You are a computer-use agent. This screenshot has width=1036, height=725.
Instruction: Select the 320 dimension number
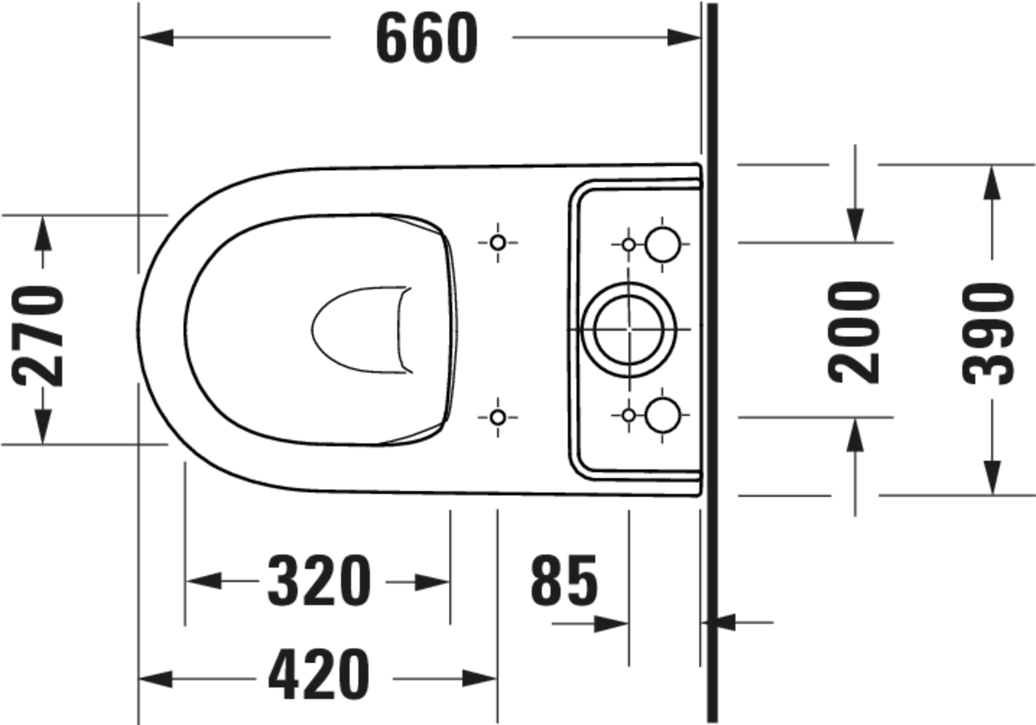[319, 581]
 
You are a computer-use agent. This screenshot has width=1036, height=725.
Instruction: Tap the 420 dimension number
[319, 675]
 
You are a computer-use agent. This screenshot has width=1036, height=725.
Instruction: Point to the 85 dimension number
[564, 581]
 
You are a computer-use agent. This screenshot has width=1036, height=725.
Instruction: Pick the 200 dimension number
[854, 332]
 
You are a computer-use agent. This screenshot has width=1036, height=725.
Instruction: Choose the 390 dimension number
[988, 334]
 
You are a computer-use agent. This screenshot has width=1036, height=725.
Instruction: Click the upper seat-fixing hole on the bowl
[498, 243]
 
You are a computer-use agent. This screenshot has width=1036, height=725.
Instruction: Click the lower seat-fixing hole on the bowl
[498, 417]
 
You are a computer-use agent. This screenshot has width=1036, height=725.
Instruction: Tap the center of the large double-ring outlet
[629, 329]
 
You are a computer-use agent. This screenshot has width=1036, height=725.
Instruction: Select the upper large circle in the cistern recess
[662, 244]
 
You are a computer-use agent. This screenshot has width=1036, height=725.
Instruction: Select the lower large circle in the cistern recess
[662, 415]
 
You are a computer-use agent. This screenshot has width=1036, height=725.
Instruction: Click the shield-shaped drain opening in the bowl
[361, 330]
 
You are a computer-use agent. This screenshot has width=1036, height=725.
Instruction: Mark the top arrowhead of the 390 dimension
[992, 183]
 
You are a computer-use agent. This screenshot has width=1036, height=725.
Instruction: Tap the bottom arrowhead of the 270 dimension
[43, 426]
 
